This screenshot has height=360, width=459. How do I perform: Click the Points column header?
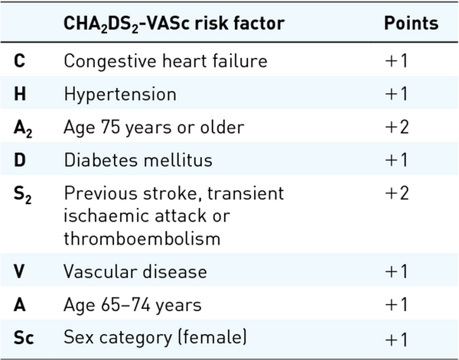tap(411, 23)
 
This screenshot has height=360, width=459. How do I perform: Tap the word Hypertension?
tap(120, 95)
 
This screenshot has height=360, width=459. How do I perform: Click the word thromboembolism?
tap(142, 238)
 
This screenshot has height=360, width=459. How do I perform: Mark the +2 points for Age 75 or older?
tap(397, 128)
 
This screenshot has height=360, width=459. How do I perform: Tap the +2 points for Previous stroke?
tap(397, 193)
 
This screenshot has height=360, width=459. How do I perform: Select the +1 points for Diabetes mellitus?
tap(397, 161)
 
